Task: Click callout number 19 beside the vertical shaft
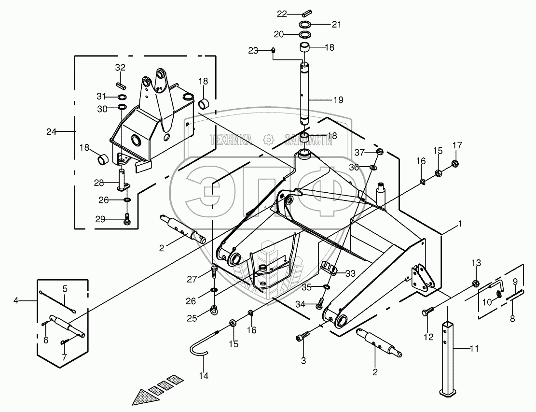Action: point(338,100)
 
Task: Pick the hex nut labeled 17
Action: point(454,163)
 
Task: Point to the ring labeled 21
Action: point(304,25)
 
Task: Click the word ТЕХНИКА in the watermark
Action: point(231,140)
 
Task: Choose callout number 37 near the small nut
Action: point(359,152)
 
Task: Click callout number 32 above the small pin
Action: point(120,67)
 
